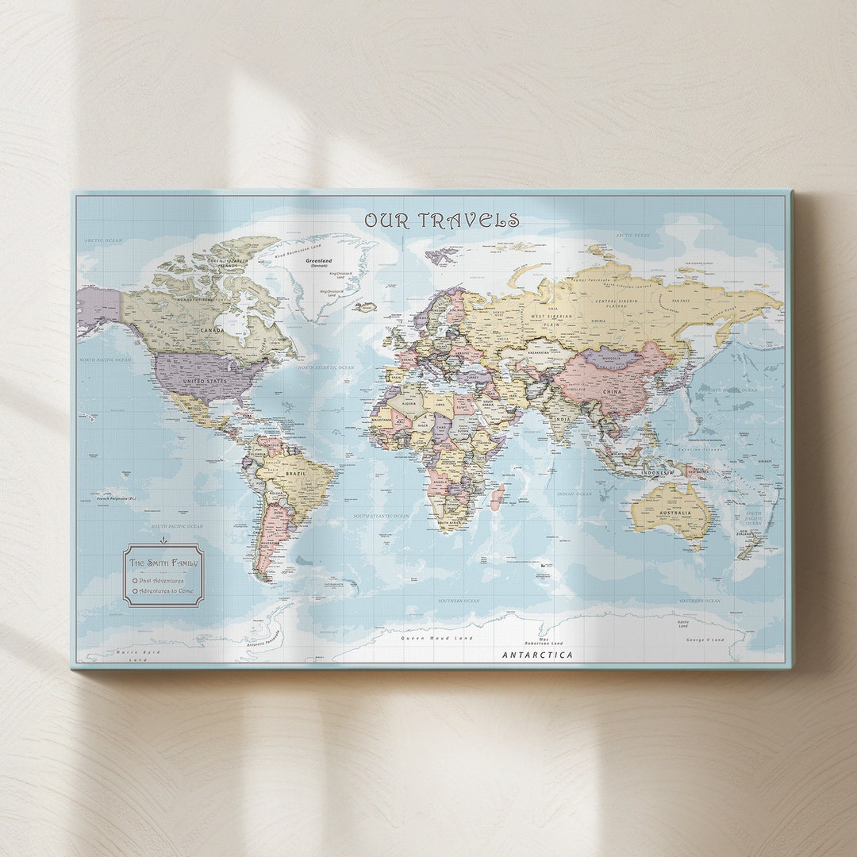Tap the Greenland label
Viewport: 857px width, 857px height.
coord(319,260)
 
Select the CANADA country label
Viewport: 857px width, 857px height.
coord(212,329)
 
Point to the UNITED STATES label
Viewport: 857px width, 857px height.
coord(206,381)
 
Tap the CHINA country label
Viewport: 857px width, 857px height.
coord(613,391)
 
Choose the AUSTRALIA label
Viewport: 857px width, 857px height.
coord(675,513)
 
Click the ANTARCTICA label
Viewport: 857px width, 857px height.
coord(537,655)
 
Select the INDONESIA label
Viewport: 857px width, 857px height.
coord(657,472)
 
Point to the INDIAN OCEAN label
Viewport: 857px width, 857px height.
coord(575,494)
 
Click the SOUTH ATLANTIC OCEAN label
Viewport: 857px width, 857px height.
coord(382,516)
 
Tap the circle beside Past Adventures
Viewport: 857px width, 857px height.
coord(135,580)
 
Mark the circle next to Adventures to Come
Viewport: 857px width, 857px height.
coord(135,591)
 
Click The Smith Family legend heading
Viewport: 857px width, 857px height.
coord(163,563)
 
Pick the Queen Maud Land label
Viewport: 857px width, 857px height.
coord(436,638)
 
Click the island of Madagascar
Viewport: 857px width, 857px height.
coord(497,498)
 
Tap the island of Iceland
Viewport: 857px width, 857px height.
coord(365,306)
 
